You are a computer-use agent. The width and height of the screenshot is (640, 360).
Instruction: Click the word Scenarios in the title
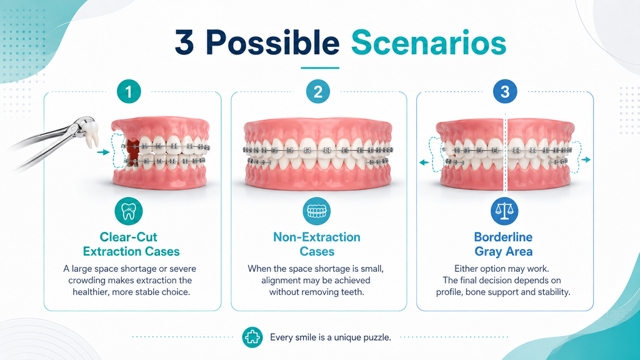tap(429, 43)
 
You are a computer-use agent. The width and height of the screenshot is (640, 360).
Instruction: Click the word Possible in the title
tap(272, 43)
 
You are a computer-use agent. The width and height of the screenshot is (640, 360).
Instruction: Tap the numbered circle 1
tap(129, 91)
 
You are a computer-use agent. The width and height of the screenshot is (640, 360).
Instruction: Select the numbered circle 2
tap(318, 91)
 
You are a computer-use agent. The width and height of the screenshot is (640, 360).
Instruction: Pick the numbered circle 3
tap(505, 91)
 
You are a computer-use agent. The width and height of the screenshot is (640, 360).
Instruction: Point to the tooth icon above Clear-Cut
tap(129, 211)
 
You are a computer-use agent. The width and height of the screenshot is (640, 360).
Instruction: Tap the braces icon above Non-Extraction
tap(317, 211)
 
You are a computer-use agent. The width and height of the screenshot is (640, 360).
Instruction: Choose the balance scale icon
tap(504, 211)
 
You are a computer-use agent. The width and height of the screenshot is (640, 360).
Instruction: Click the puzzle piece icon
tap(252, 337)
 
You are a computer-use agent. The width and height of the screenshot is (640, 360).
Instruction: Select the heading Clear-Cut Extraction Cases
tap(131, 244)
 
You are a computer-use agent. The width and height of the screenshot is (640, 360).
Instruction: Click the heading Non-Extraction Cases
tap(317, 244)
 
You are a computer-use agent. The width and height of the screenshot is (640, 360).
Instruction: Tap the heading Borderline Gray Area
tap(503, 244)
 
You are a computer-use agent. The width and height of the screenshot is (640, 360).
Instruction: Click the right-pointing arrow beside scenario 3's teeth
tap(586, 159)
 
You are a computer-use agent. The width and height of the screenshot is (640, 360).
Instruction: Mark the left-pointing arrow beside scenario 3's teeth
tap(424, 162)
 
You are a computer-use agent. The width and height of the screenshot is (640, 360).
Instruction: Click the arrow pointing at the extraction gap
tap(104, 152)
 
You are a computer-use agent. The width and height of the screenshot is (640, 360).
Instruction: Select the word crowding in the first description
tap(85, 281)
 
